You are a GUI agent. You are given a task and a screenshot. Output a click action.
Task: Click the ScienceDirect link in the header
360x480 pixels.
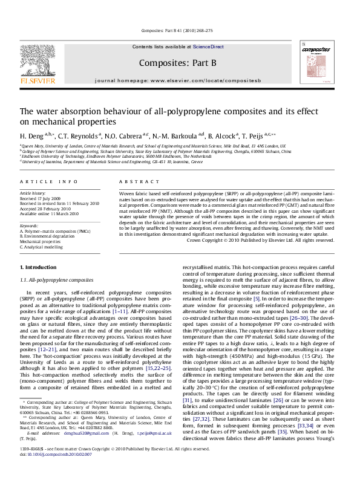pos(208,47)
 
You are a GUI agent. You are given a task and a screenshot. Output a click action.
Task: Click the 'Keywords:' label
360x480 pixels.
pos(30,225)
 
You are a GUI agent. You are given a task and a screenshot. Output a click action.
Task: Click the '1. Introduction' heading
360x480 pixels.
pos(39,267)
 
